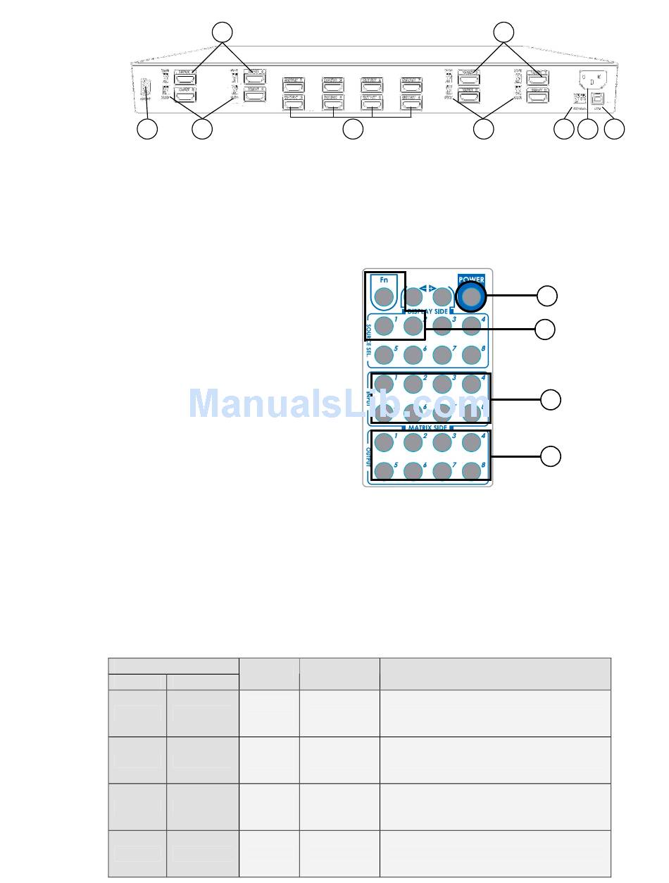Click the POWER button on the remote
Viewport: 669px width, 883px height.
(471, 297)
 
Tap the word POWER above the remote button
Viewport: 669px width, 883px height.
(471, 280)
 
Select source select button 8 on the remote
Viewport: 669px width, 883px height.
(471, 354)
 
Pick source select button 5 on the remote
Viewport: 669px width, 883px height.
(383, 354)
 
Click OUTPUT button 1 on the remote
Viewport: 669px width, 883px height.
(383, 442)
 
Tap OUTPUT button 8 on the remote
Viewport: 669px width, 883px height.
(471, 470)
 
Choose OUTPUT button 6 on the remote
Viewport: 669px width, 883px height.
(413, 470)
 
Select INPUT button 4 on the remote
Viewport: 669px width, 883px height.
(471, 384)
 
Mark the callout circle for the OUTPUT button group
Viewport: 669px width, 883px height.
(551, 456)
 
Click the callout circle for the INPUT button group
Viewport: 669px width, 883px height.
(551, 399)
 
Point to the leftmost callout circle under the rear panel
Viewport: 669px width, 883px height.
(147, 130)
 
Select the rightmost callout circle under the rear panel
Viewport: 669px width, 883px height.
(615, 130)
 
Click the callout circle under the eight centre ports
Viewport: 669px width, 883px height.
(352, 130)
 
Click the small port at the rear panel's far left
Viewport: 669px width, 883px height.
(146, 89)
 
